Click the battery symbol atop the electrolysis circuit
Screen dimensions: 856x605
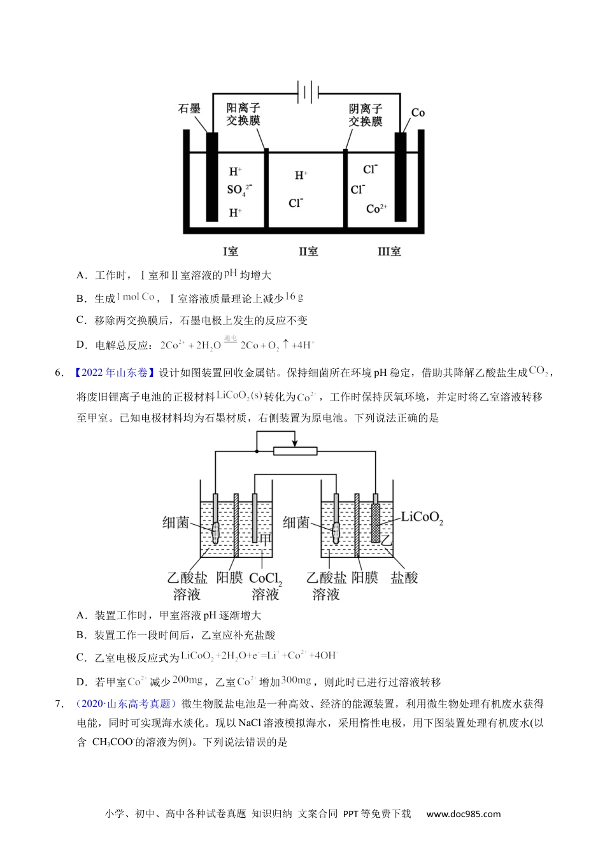pos(308,92)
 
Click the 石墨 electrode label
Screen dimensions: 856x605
pos(189,109)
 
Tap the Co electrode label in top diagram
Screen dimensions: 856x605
pos(418,113)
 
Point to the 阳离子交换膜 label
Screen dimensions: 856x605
pos(243,115)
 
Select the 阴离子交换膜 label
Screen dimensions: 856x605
pos(366,115)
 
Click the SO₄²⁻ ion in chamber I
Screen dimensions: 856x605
pos(239,190)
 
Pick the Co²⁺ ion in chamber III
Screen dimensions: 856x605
pos(376,209)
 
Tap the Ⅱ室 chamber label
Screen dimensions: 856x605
pos(308,252)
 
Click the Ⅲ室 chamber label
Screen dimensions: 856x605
pos(389,252)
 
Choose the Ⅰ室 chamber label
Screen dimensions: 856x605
pos(231,252)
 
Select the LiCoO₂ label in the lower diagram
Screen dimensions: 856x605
pos(422,518)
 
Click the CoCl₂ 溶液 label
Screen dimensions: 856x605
pos(266,586)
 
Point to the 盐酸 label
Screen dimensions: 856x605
pos(404,578)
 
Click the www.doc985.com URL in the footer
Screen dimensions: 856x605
pos(464,814)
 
